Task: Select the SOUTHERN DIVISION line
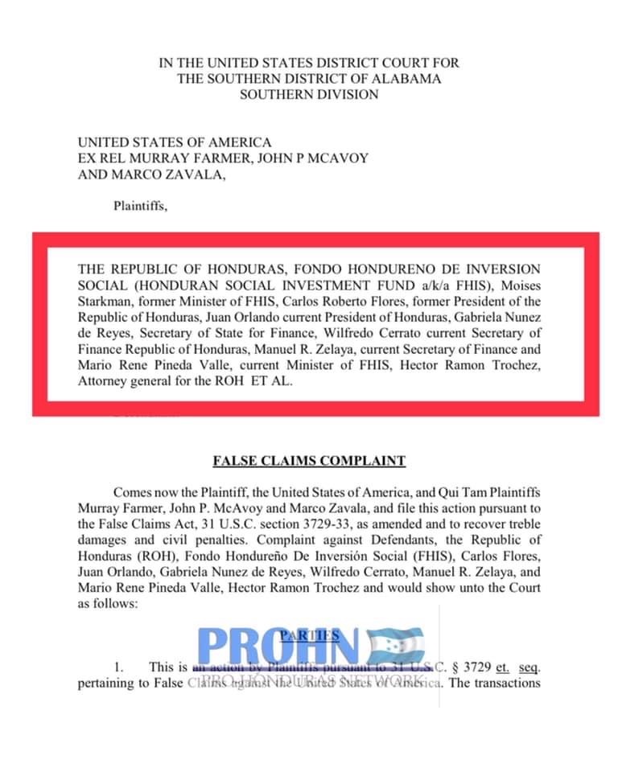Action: (x=309, y=94)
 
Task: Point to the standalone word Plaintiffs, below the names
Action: (x=140, y=205)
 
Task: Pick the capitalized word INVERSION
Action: (x=505, y=269)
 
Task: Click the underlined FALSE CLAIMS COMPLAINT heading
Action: (x=309, y=462)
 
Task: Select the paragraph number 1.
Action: (x=119, y=667)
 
